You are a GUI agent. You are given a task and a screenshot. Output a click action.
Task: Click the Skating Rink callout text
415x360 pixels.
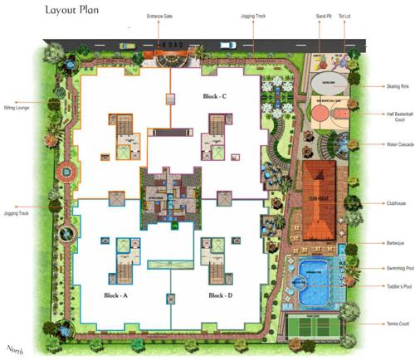[x=398, y=86]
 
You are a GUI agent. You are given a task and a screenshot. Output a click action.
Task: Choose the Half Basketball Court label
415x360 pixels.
[x=398, y=118]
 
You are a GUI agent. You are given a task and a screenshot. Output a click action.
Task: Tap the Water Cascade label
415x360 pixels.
[x=397, y=144]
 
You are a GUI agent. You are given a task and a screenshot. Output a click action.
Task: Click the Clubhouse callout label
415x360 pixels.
[x=396, y=202]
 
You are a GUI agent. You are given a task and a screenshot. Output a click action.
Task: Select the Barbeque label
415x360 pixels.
[x=394, y=243]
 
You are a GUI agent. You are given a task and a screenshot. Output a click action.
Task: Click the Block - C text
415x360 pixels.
[x=216, y=97]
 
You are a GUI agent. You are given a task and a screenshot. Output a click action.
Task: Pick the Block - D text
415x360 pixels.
[x=220, y=295]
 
